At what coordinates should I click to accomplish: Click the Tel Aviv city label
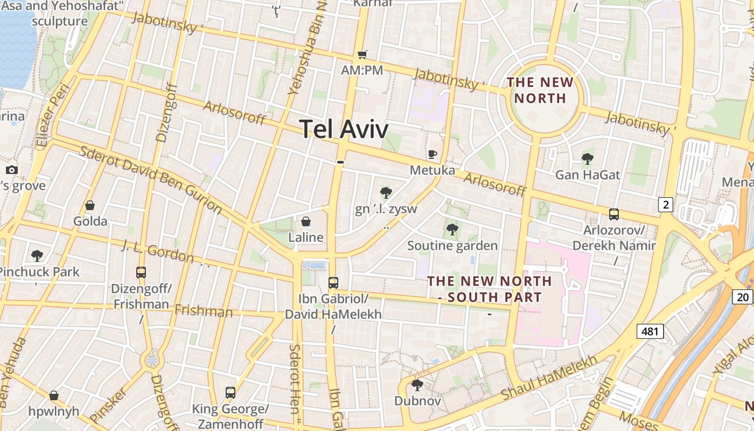344,129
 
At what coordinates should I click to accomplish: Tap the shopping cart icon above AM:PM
362,54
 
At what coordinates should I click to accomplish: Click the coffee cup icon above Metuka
432,155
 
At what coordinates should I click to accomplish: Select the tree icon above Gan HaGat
587,159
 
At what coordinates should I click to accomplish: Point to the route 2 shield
666,205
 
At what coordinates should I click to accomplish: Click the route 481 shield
650,331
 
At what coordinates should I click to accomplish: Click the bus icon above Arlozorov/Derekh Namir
613,214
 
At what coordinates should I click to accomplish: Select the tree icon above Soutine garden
452,230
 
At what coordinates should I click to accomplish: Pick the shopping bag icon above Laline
306,221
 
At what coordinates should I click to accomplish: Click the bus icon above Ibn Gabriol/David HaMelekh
333,282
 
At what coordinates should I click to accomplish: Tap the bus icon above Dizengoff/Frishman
141,273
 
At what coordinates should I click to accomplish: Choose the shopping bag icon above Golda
90,205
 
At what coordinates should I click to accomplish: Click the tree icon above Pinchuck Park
37,255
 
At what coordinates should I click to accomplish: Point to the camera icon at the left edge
12,170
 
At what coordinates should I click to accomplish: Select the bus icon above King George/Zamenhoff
231,393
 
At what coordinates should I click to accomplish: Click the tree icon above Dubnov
417,385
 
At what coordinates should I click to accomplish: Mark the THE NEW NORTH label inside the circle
540,90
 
